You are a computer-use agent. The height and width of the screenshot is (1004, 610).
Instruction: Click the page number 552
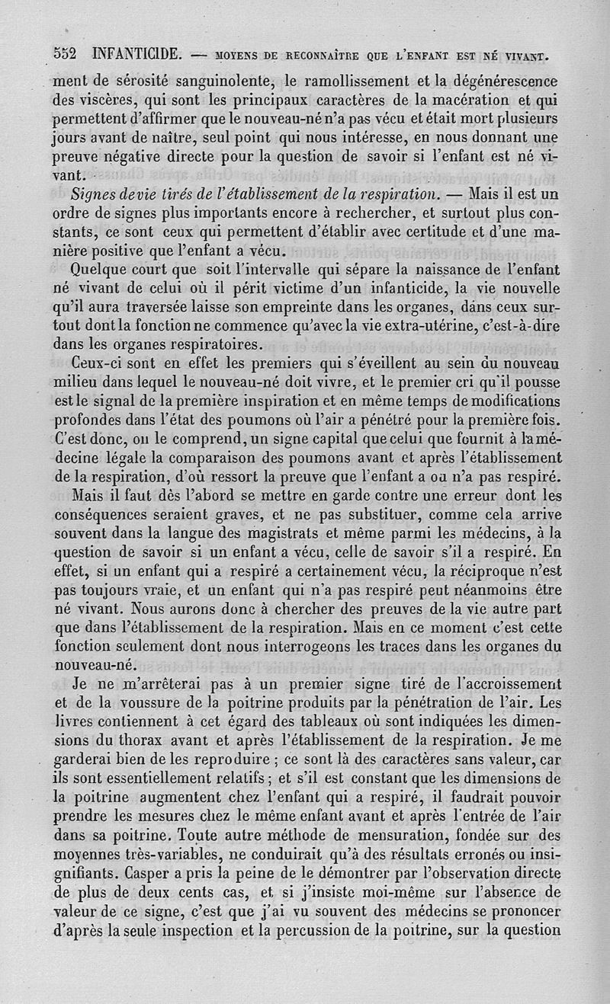(66, 54)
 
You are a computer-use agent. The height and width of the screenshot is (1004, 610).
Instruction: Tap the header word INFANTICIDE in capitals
(136, 54)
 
